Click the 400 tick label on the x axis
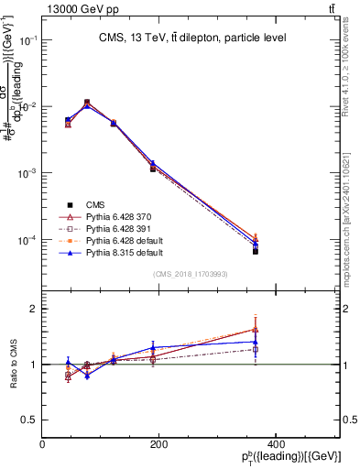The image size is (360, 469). [275, 445]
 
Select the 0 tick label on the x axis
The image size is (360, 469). [42, 445]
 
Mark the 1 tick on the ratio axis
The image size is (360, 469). [33, 365]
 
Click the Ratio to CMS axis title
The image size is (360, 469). [13, 364]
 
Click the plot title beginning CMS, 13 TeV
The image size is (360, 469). [191, 38]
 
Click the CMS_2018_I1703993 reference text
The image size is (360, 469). [191, 274]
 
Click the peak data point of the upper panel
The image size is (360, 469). [87, 103]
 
